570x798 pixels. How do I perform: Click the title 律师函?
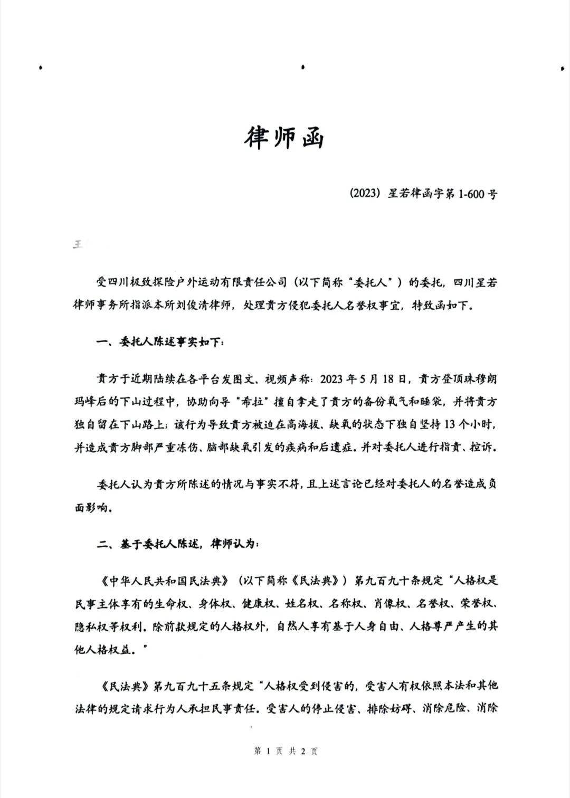(283, 138)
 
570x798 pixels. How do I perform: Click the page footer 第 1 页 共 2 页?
(286, 750)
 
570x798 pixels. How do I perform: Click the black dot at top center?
(303, 67)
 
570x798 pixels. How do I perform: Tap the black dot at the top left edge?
(41, 68)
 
